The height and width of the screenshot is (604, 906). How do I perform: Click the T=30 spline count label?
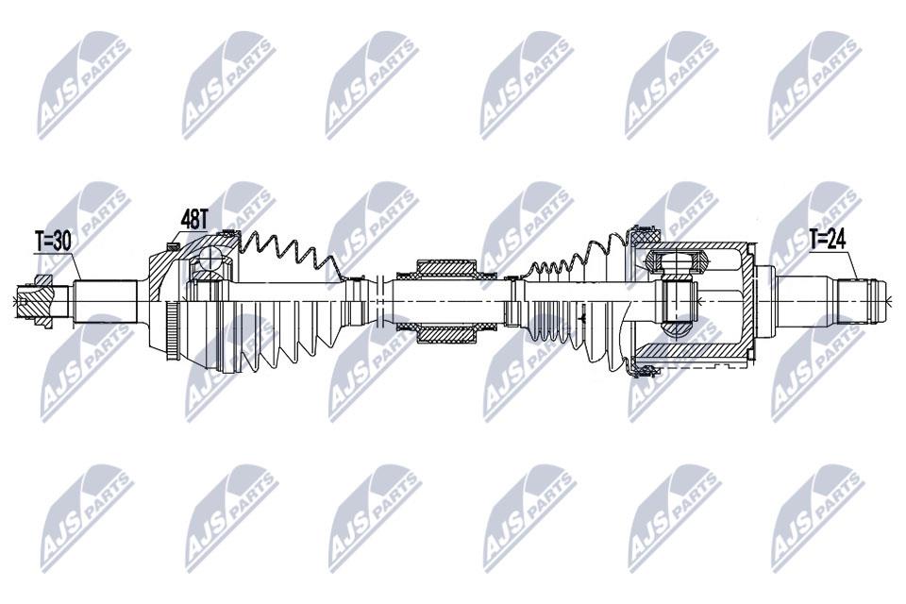coord(53,241)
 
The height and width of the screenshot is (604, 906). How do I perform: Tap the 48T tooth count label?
coord(194,219)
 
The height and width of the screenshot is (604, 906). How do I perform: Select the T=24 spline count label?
coord(827,239)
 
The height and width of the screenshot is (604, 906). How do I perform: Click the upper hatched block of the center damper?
coord(446,268)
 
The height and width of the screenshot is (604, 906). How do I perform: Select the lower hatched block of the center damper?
coord(446,334)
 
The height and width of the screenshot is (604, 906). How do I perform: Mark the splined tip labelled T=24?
coord(862,301)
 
